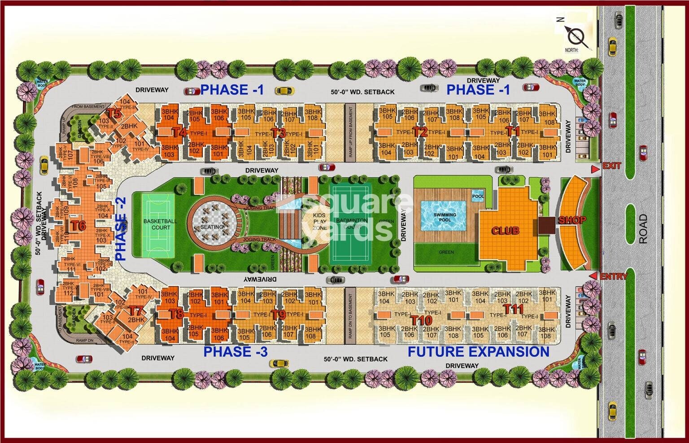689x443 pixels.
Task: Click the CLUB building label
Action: point(506,231)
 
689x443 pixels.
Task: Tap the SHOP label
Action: point(572,220)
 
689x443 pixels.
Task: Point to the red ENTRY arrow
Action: point(593,276)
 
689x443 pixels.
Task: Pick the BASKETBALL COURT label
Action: point(160,224)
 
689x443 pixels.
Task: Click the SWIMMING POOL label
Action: point(445,217)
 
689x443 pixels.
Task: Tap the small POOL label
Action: point(478,196)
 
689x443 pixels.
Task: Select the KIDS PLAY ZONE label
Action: point(320,222)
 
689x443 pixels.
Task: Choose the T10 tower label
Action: point(421,320)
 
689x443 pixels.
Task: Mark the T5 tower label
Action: point(115,114)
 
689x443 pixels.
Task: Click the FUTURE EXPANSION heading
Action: point(478,351)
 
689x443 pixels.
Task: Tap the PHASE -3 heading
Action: point(235,351)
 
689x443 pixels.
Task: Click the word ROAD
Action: point(643,228)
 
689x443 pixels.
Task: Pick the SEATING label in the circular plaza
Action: point(212,227)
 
